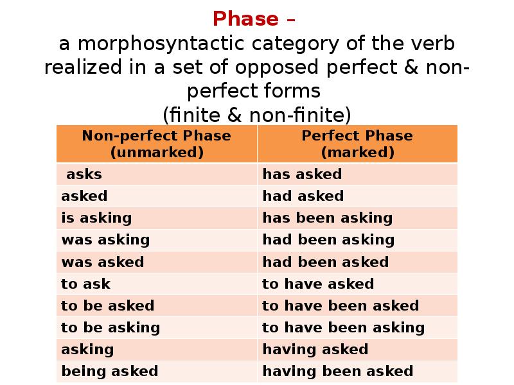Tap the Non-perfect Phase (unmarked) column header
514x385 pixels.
point(156,144)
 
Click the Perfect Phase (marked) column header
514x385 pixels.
point(357,144)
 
